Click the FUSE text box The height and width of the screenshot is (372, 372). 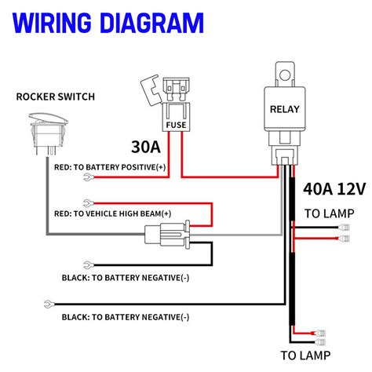pyautogui.click(x=175, y=124)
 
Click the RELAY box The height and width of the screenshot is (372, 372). pyautogui.click(x=285, y=109)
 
